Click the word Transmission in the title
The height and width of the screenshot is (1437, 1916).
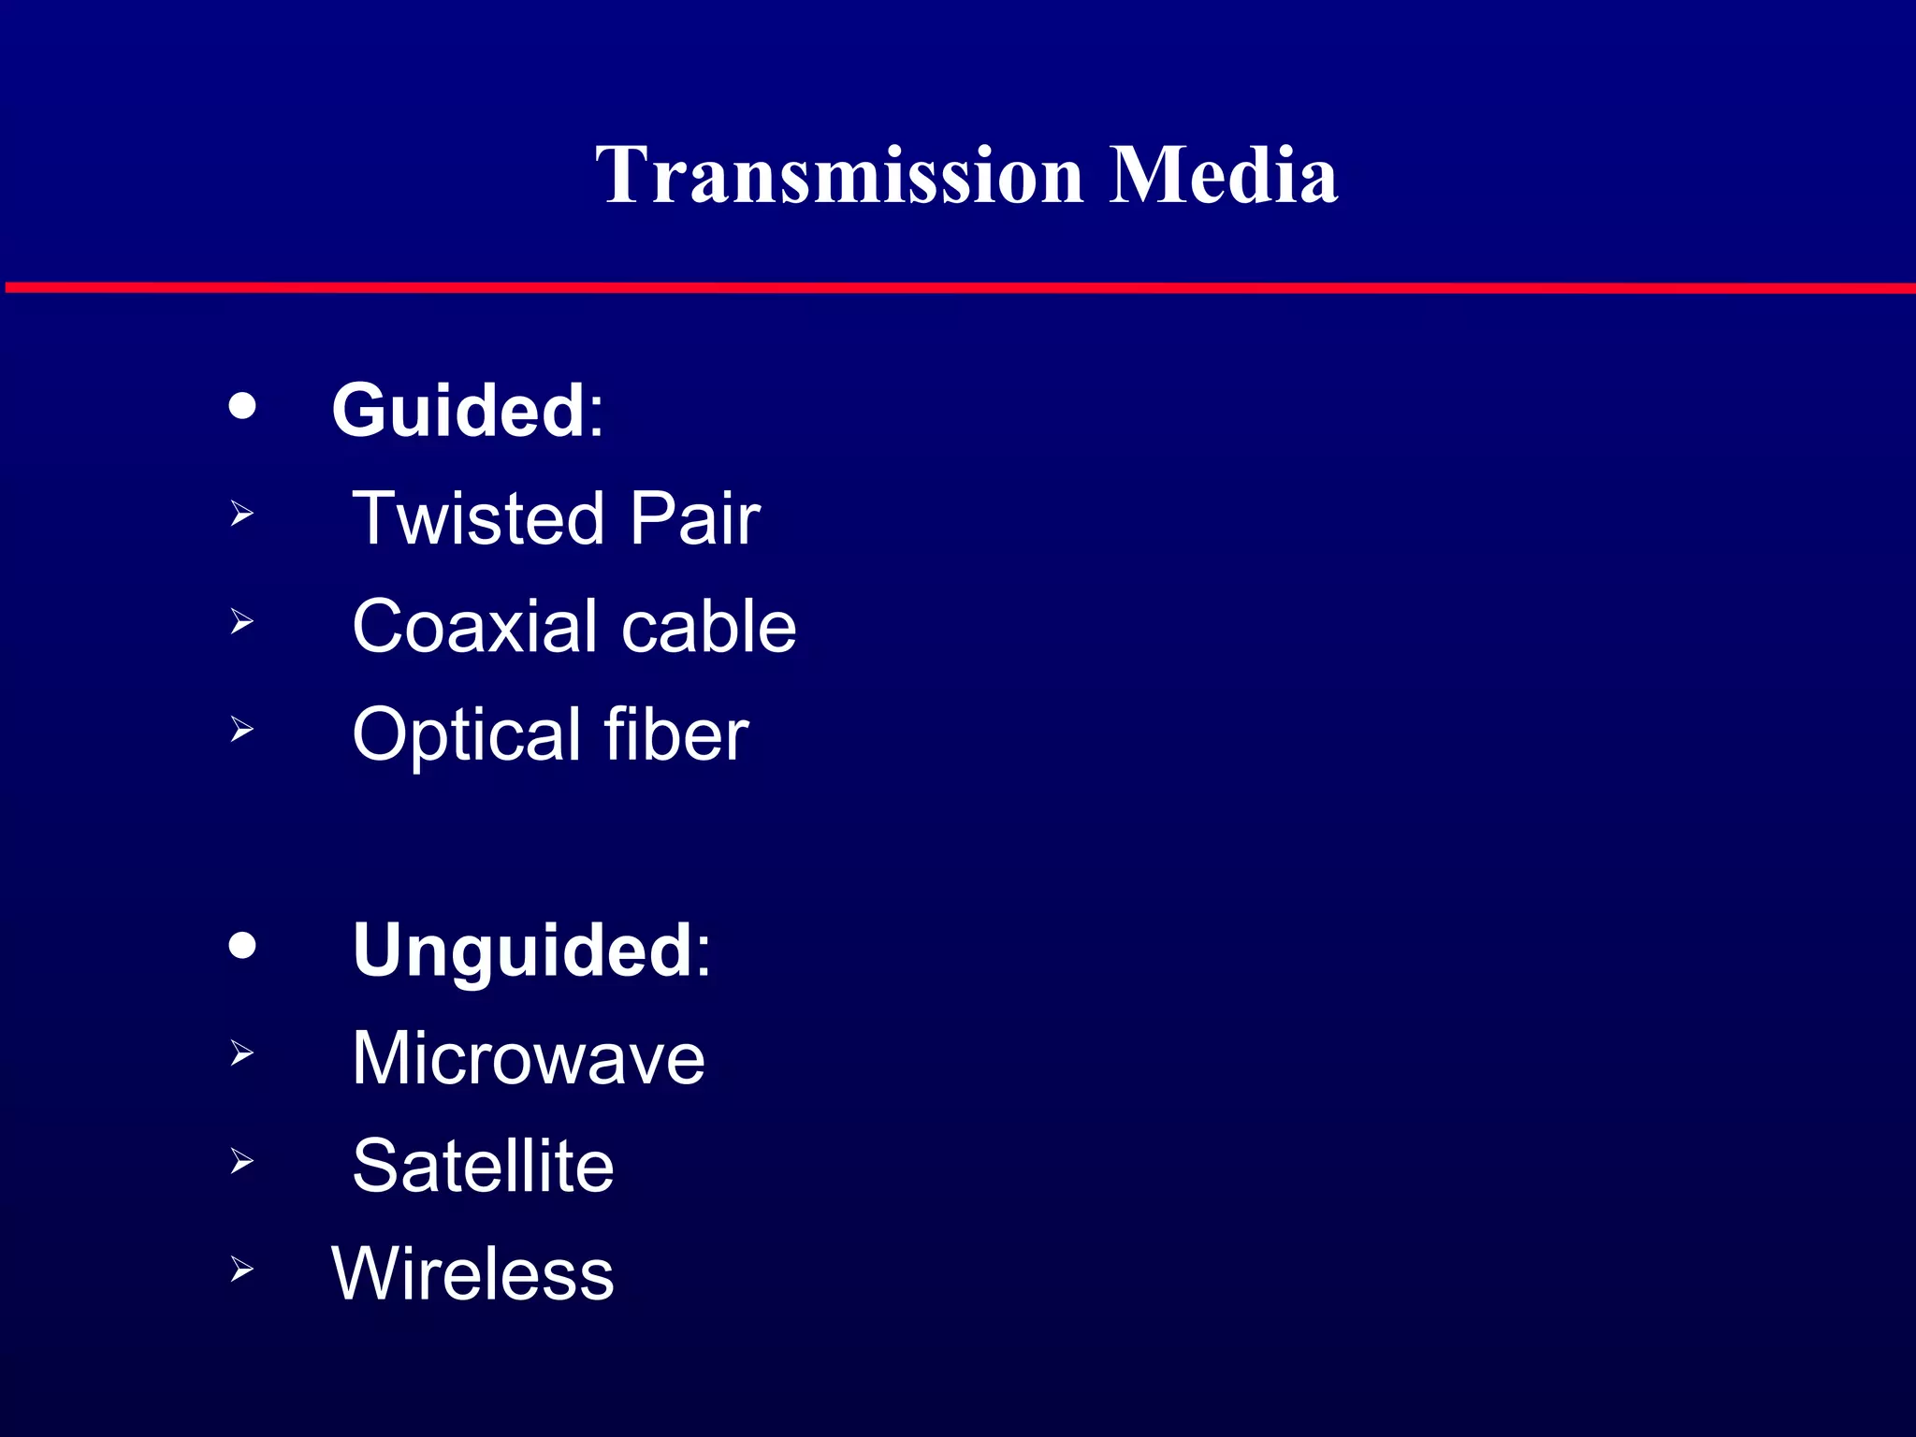click(839, 175)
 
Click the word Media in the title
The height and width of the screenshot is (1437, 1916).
click(1223, 175)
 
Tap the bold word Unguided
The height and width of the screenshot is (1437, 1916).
click(522, 950)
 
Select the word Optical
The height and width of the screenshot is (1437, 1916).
click(465, 735)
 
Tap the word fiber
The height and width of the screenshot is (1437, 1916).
click(675, 735)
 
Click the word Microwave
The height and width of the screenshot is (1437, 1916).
click(529, 1058)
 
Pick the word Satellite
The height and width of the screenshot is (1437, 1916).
click(483, 1166)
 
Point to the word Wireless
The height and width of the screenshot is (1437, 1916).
click(472, 1273)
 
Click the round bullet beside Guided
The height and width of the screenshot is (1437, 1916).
click(242, 406)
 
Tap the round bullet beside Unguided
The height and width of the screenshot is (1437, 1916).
click(242, 945)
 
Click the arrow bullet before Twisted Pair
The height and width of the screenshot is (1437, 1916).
click(241, 513)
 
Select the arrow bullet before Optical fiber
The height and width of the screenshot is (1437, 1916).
click(241, 729)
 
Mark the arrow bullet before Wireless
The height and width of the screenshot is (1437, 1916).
click(241, 1270)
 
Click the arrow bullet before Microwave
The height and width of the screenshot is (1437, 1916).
click(241, 1053)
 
